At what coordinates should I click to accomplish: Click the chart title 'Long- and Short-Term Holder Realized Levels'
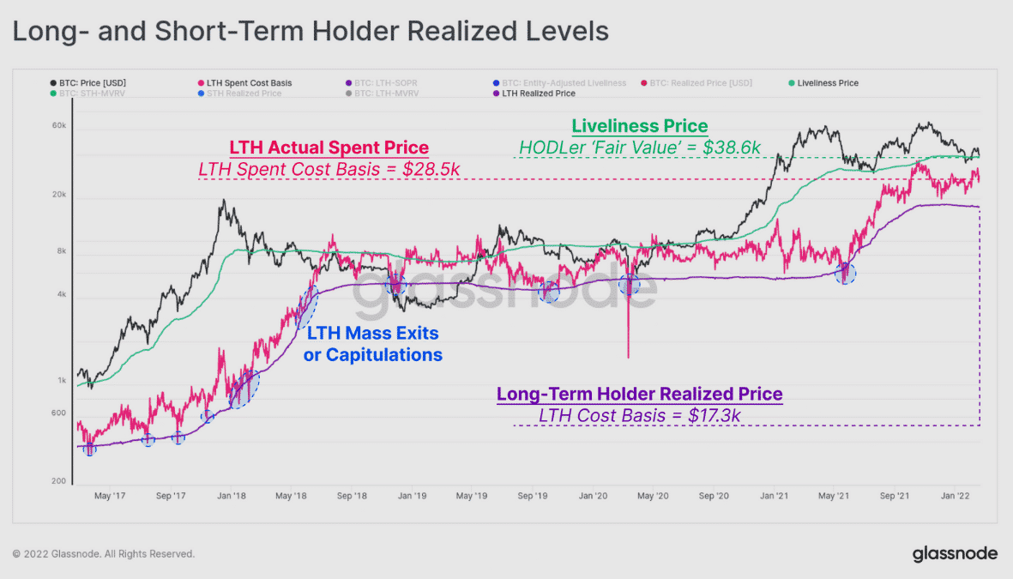pyautogui.click(x=310, y=33)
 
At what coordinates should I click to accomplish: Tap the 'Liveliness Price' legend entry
pyautogui.click(x=827, y=83)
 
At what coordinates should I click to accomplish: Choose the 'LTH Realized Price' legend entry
pyautogui.click(x=538, y=93)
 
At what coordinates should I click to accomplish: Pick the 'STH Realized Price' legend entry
pyautogui.click(x=245, y=93)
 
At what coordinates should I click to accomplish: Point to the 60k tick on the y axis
pyautogui.click(x=59, y=126)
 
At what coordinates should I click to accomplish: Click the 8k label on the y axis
pyautogui.click(x=61, y=252)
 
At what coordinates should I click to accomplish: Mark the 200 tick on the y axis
pyautogui.click(x=58, y=482)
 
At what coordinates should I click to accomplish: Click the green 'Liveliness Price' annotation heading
pyautogui.click(x=640, y=126)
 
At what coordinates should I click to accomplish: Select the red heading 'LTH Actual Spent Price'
pyautogui.click(x=329, y=148)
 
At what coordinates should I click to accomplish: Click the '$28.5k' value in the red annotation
pyautogui.click(x=434, y=169)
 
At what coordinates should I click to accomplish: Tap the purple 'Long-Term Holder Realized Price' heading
pyautogui.click(x=639, y=395)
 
